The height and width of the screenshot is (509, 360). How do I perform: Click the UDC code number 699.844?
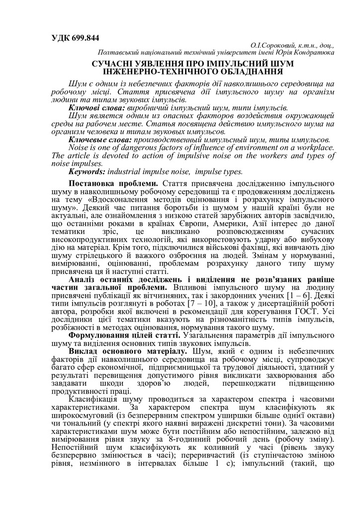tap(83, 38)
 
